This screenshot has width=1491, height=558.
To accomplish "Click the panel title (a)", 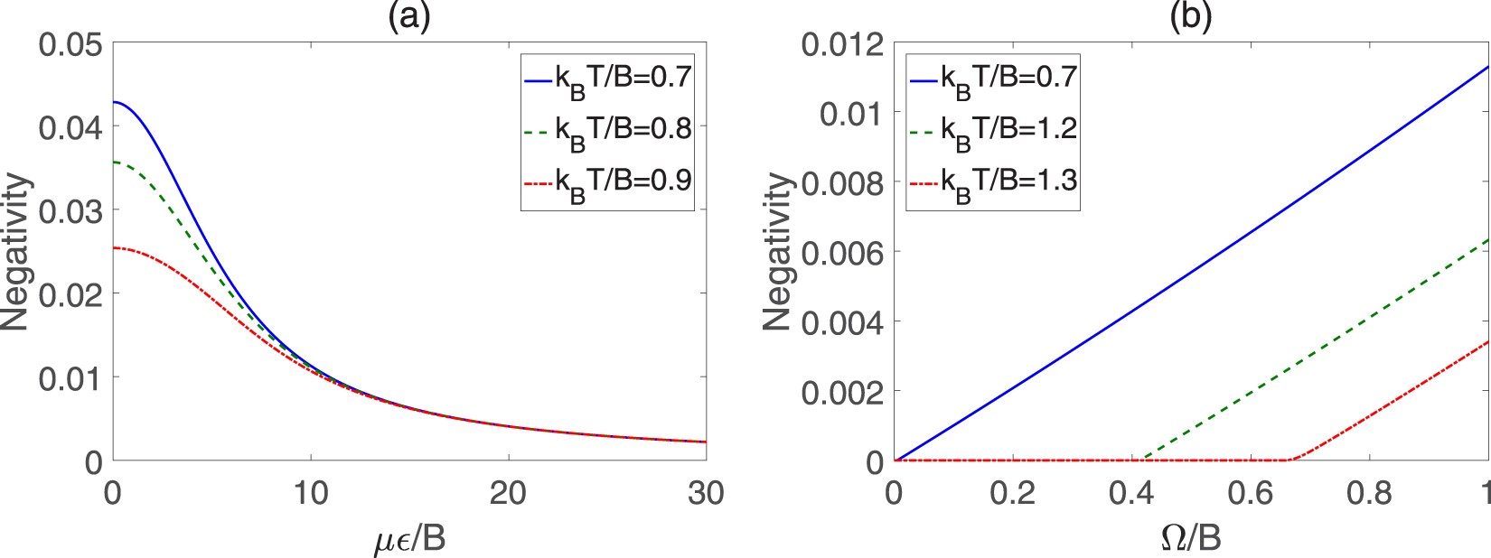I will [408, 16].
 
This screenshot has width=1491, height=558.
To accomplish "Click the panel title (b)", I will [1191, 16].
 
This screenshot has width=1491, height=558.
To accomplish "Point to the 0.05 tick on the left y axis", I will [70, 43].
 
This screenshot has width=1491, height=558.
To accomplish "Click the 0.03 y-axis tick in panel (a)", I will [70, 210].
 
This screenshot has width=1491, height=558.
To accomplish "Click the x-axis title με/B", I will [409, 538].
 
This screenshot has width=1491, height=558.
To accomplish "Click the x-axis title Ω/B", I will [1190, 538].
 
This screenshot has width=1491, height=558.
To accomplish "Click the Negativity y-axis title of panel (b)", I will [777, 253].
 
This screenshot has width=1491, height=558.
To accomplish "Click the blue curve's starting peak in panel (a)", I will [114, 102].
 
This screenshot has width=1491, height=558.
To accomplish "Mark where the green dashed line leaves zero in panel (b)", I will [1142, 459].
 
